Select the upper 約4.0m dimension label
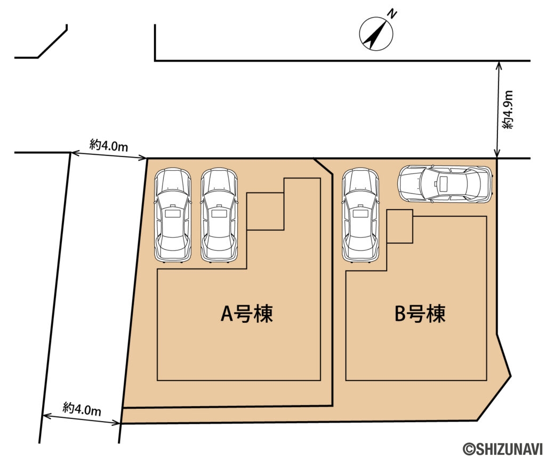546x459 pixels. point(109,145)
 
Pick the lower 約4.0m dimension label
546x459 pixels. point(82,409)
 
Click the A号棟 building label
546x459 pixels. point(247,314)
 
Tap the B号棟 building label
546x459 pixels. point(420,314)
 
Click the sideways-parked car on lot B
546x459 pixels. point(444,184)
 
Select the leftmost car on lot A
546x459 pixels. point(172,216)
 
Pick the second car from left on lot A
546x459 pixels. point(219,216)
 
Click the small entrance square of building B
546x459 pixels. point(400,226)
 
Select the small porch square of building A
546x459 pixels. point(265,211)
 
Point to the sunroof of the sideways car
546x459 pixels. point(442,184)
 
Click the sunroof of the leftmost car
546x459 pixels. point(172,213)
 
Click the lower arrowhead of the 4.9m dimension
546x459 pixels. point(498,155)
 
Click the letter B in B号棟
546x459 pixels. point(400,314)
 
